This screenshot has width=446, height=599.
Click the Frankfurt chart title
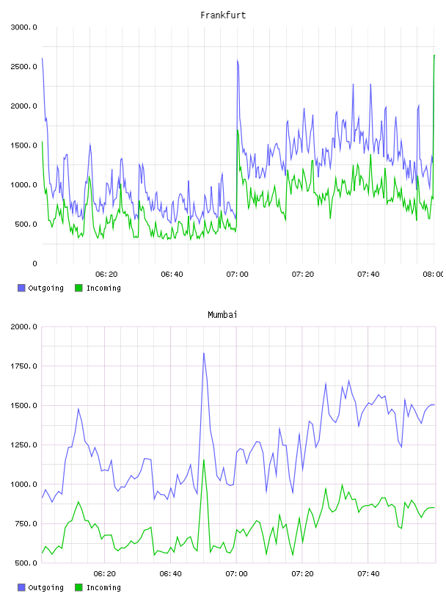coord(223,15)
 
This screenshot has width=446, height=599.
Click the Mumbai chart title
coord(222,315)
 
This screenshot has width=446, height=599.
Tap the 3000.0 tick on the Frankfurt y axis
coord(24,27)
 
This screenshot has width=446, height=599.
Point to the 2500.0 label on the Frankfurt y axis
coord(24,67)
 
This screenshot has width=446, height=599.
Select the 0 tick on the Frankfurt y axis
coord(34,264)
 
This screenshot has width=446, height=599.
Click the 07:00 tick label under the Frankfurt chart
coord(237,274)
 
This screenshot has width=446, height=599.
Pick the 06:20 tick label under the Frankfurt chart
coord(106,274)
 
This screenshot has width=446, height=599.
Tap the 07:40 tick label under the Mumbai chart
coord(368,573)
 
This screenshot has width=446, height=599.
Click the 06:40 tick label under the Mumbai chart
coord(171,573)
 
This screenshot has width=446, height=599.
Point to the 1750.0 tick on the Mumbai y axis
coord(24,366)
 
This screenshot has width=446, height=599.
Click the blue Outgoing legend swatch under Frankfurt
coord(21,288)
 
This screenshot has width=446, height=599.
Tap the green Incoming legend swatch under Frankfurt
coord(78,288)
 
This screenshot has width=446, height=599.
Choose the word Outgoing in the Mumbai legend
coord(45,587)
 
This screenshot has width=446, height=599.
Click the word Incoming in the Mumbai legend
coord(103,587)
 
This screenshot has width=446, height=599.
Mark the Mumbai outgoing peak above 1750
coord(203,353)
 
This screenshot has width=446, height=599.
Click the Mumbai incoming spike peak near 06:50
coord(203,460)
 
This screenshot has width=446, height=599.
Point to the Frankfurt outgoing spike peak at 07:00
coord(237,60)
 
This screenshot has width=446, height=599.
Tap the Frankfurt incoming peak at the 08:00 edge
coord(434,55)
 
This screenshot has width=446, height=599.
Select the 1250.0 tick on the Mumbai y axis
coord(24,445)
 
